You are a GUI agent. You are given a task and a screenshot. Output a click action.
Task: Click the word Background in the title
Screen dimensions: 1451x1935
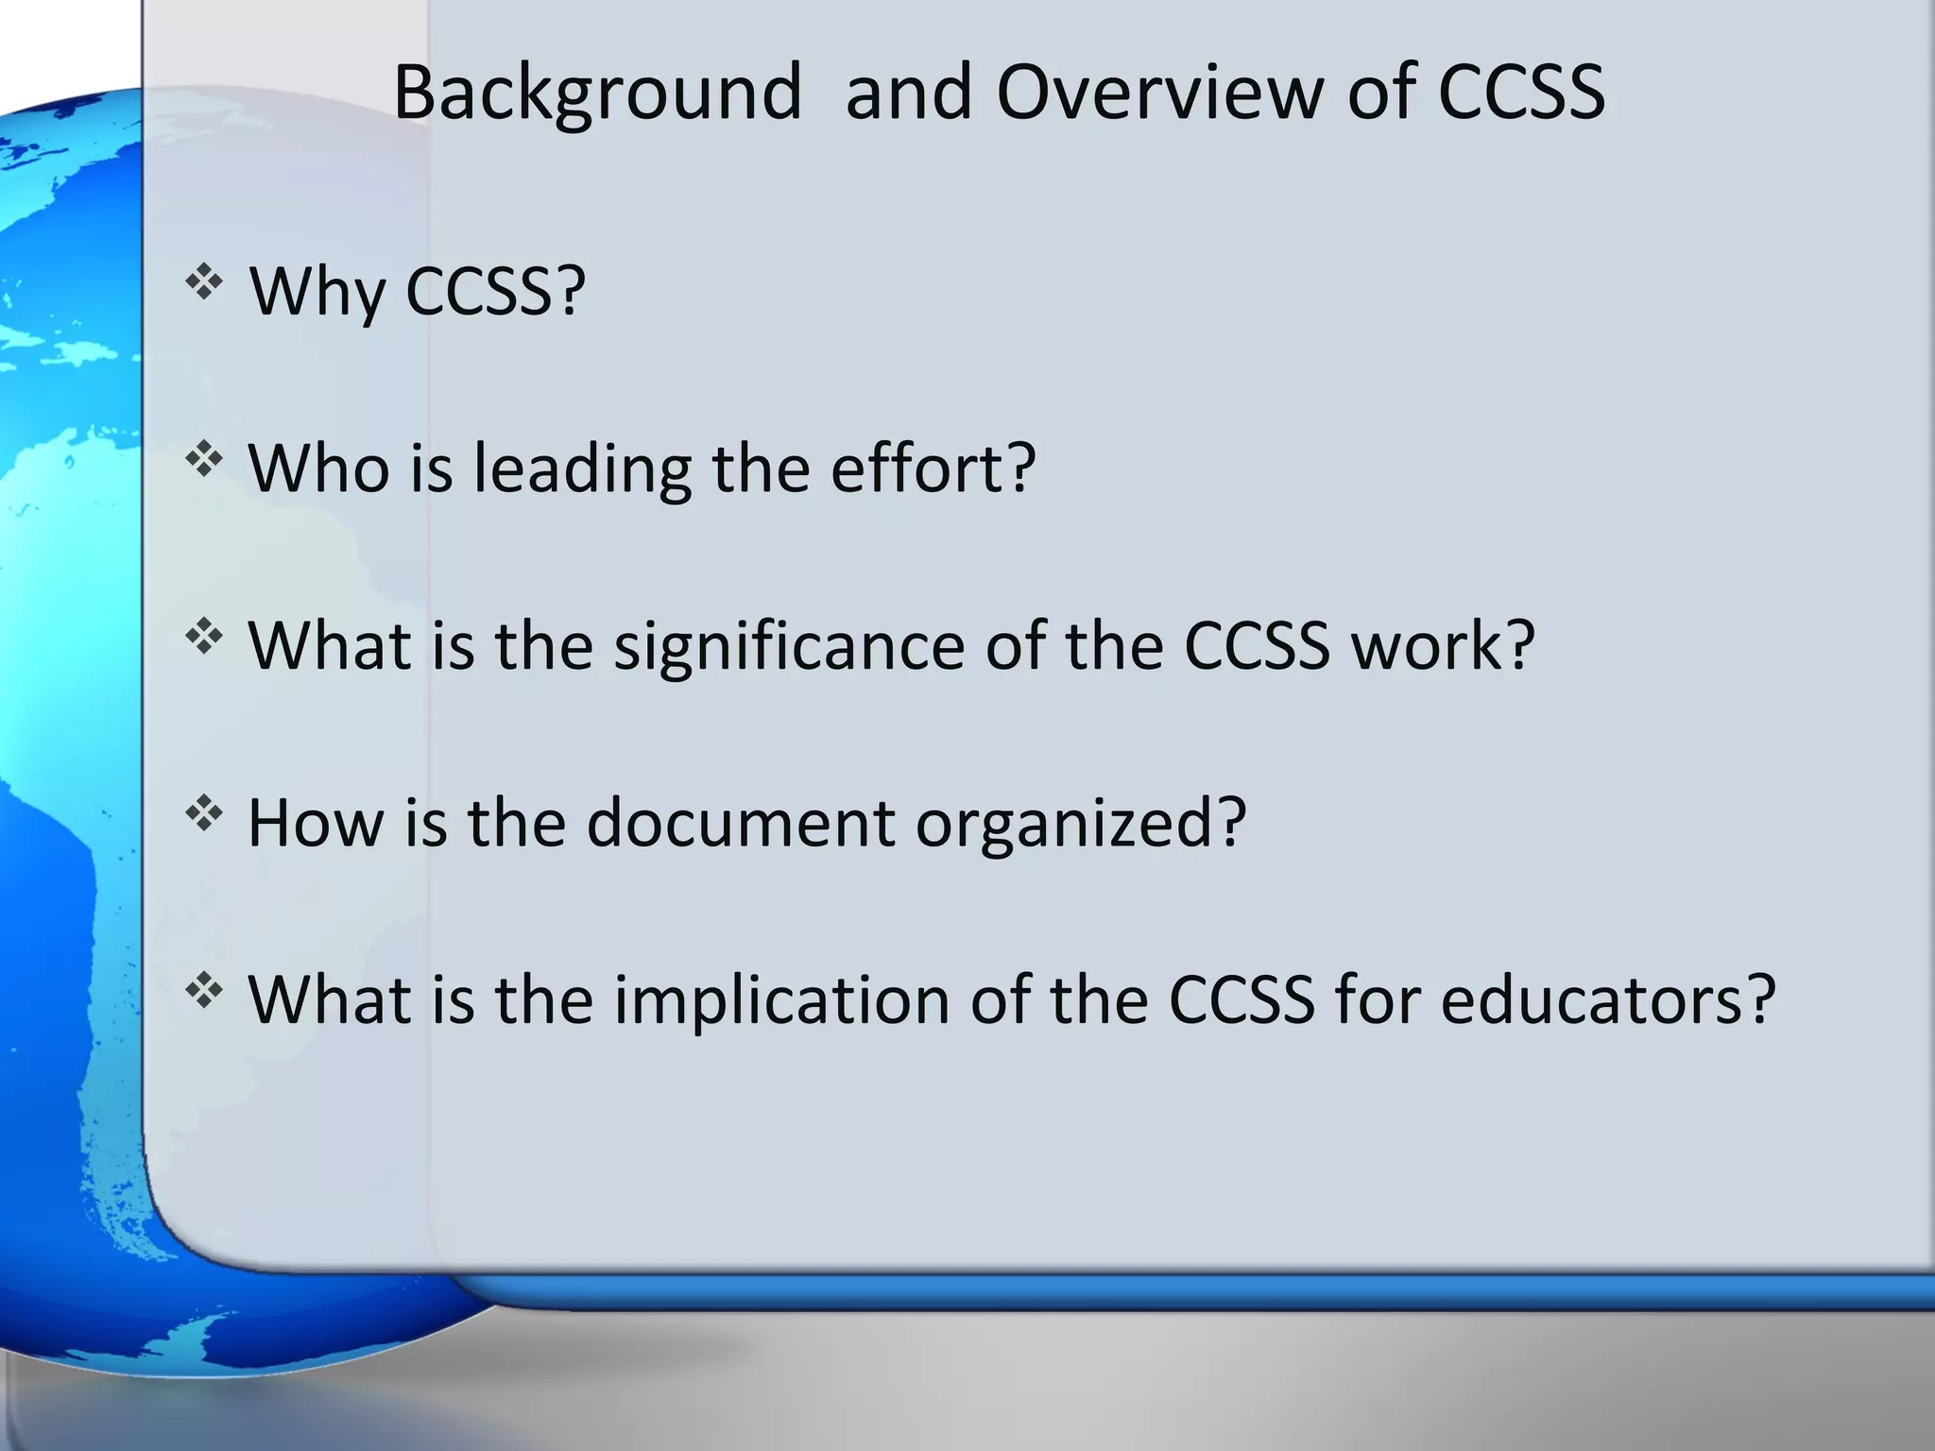pyautogui.click(x=597, y=93)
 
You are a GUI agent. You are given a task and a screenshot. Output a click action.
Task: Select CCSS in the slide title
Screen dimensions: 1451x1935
pyautogui.click(x=1521, y=93)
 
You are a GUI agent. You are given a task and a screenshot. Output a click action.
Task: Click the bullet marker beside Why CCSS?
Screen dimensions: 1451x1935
pyautogui.click(x=204, y=282)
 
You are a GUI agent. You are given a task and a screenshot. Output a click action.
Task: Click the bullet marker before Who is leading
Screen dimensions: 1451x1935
pyautogui.click(x=204, y=460)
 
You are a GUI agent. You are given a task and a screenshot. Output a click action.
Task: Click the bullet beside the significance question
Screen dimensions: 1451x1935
pyautogui.click(x=204, y=637)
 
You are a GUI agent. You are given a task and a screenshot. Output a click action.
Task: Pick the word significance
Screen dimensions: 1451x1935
pyautogui.click(x=790, y=646)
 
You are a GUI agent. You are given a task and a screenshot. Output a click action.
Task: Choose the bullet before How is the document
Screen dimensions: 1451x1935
pyautogui.click(x=204, y=813)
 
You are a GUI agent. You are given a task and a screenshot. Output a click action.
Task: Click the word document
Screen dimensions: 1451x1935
pyautogui.click(x=741, y=823)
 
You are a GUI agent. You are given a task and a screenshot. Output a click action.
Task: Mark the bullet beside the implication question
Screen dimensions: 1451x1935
pyautogui.click(x=204, y=991)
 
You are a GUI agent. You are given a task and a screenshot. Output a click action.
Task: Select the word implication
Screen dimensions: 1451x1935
pyautogui.click(x=782, y=1000)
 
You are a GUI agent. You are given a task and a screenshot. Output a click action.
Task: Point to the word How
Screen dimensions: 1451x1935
pyautogui.click(x=316, y=823)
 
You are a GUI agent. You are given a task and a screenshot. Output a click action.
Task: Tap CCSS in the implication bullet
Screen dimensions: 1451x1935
pyautogui.click(x=1241, y=1000)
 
